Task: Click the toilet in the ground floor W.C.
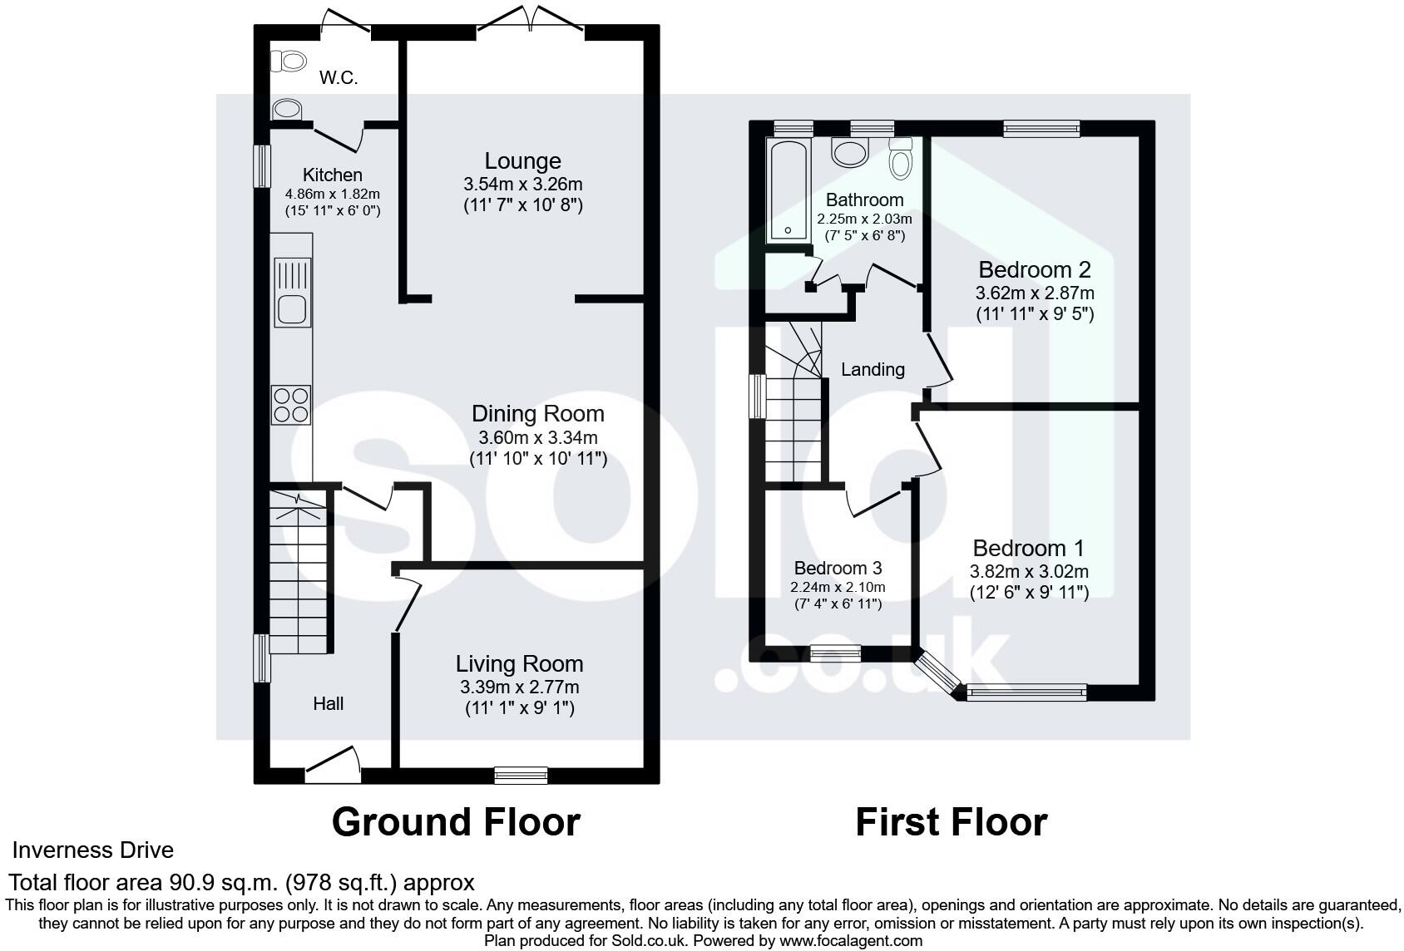[289, 60]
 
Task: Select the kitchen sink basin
[292, 308]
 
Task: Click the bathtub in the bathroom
[787, 191]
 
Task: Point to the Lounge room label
[522, 160]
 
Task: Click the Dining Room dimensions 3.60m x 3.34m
[538, 437]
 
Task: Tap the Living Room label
[519, 663]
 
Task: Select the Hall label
[328, 703]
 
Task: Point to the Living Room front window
[521, 775]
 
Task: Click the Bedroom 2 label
[1034, 269]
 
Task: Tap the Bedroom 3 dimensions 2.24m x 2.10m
[838, 587]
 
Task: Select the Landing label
[872, 369]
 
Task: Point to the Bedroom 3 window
[836, 653]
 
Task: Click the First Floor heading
[951, 822]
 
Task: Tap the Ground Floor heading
[456, 822]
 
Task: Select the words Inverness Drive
[92, 850]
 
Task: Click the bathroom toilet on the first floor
[900, 157]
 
